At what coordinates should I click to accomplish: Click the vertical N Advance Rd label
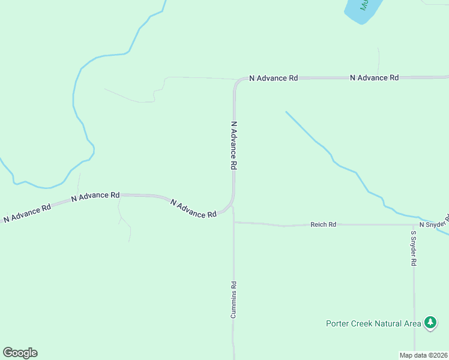click(x=234, y=146)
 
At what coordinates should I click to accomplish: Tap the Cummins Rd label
click(x=234, y=300)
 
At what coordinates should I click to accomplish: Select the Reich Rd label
click(x=323, y=224)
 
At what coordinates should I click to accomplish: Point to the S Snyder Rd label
click(x=414, y=248)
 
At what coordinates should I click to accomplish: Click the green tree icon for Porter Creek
click(x=430, y=323)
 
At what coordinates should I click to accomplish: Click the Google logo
click(x=20, y=353)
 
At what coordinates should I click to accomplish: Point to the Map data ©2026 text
click(x=423, y=355)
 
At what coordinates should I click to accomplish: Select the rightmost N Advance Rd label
click(x=374, y=77)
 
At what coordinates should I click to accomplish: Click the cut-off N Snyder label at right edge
click(x=433, y=223)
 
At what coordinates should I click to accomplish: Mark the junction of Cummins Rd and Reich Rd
click(x=234, y=223)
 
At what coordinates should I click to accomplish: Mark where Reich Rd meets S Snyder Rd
click(x=414, y=225)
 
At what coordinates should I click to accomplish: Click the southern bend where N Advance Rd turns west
click(x=231, y=207)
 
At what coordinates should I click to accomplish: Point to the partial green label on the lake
click(x=364, y=5)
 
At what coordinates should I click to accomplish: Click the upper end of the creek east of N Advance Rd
click(x=286, y=112)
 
